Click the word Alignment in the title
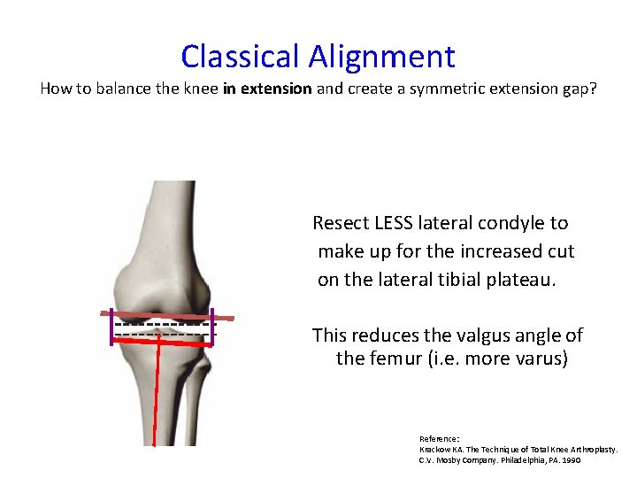(x=381, y=57)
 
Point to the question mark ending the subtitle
(x=593, y=89)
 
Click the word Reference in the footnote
(x=438, y=438)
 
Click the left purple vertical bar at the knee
(x=111, y=329)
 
